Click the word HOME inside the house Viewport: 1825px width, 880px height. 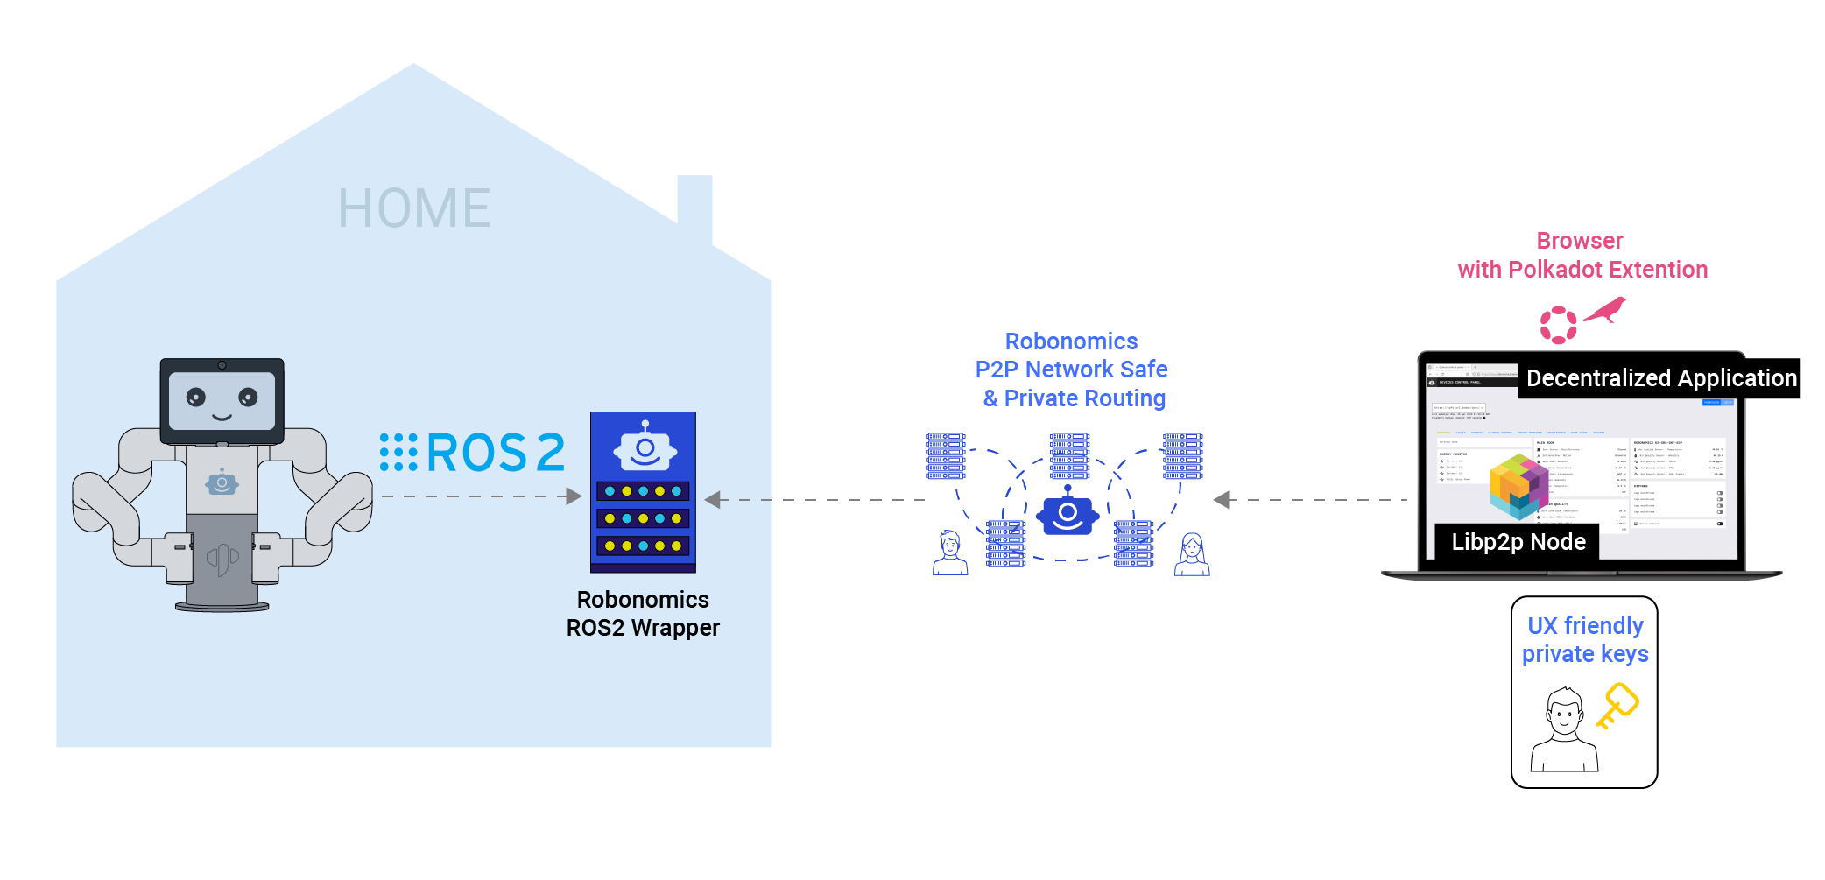point(414,208)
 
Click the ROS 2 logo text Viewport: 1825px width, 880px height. point(474,453)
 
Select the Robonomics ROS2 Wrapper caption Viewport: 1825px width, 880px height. point(643,614)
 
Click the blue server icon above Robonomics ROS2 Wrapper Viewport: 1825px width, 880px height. point(643,491)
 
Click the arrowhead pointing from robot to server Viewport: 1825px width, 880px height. point(574,496)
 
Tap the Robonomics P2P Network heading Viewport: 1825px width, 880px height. point(1072,370)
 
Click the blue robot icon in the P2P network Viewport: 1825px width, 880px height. point(1068,512)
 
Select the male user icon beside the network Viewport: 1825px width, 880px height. point(950,553)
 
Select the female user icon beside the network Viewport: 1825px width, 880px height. point(1192,554)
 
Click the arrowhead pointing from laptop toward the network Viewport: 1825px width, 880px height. point(1222,500)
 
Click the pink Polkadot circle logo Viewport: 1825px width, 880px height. point(1558,325)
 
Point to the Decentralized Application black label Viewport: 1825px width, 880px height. point(1660,378)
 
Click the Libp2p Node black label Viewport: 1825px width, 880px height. point(1518,542)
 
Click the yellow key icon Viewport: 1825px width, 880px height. point(1617,706)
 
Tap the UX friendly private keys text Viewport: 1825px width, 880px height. point(1585,640)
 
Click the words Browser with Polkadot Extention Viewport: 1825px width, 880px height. point(1582,255)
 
